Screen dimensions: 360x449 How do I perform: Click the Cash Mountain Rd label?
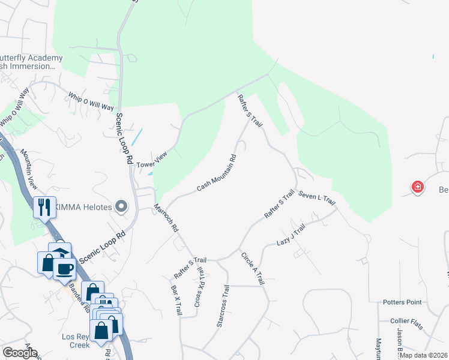(216, 174)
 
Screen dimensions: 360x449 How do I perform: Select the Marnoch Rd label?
(166, 218)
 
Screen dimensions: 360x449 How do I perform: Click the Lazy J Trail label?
(291, 235)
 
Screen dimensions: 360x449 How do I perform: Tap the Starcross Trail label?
(223, 306)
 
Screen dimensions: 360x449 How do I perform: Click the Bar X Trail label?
(176, 300)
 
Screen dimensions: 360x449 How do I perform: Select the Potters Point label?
(403, 302)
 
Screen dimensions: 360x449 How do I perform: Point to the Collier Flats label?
(406, 323)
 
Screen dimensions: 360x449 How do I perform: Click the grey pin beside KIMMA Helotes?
(122, 207)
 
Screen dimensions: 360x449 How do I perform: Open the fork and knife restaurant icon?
(44, 208)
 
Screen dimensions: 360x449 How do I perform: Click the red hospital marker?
(417, 188)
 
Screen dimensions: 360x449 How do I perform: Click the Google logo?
(20, 353)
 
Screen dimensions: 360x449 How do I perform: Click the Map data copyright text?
(423, 355)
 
